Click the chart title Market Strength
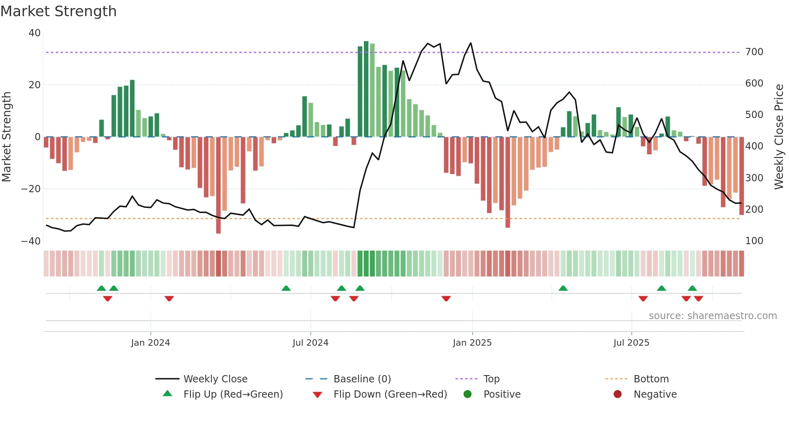coord(58,11)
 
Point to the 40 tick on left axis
coord(35,33)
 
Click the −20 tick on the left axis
coord(31,189)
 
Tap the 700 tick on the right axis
coord(754,52)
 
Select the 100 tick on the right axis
coord(754,241)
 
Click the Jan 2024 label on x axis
coord(151,343)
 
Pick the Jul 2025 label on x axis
coord(631,343)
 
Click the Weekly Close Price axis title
coord(779,137)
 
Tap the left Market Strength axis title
coord(6,137)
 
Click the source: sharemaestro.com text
coord(713,316)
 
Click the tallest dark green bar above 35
coord(366,89)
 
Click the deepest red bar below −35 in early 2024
coord(218,185)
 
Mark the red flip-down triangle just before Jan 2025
coord(446,299)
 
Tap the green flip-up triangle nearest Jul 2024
coord(286,288)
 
